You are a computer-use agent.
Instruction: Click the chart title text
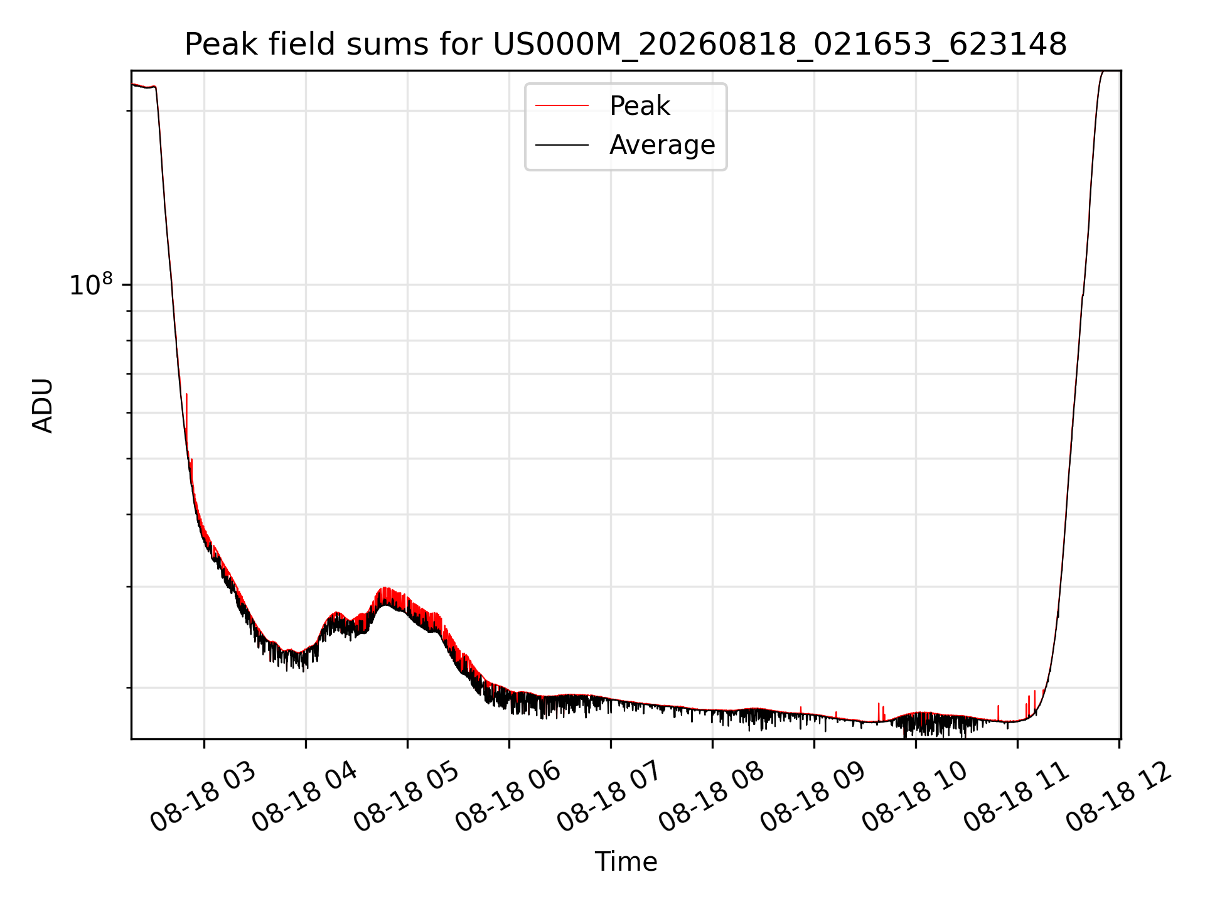click(x=626, y=45)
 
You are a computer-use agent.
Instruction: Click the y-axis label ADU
click(x=43, y=405)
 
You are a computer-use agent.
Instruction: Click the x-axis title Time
click(x=626, y=862)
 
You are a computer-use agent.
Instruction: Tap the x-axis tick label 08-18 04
click(x=305, y=797)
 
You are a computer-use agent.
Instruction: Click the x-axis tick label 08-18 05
click(x=407, y=797)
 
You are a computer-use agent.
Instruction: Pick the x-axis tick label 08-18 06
click(x=508, y=797)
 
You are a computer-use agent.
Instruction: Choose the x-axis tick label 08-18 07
click(x=610, y=797)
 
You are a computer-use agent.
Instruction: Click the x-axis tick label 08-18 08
click(x=712, y=797)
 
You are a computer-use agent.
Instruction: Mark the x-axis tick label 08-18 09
click(x=813, y=797)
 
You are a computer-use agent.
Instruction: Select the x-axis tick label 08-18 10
click(x=915, y=797)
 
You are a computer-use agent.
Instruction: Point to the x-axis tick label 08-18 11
click(x=1017, y=797)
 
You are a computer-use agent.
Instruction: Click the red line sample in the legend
click(x=562, y=106)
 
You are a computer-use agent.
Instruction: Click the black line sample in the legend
click(x=562, y=145)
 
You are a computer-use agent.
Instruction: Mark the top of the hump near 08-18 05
click(x=386, y=588)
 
